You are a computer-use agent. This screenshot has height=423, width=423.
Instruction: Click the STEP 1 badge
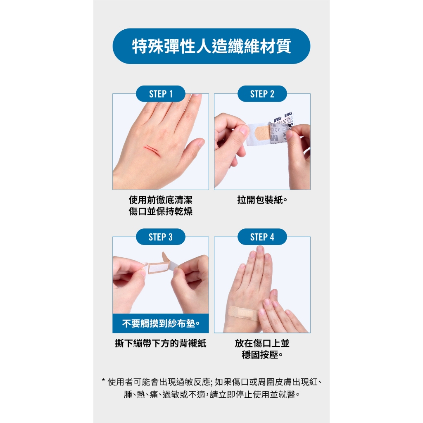pos(161,94)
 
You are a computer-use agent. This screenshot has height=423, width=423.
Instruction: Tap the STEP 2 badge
pos(262,94)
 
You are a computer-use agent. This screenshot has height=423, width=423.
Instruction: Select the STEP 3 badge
pos(161,237)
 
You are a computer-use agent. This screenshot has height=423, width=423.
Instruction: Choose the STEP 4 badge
pos(262,237)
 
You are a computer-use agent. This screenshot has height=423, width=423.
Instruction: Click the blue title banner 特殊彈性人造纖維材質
pos(211,46)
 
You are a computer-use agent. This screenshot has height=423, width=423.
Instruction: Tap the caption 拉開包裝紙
pos(262,200)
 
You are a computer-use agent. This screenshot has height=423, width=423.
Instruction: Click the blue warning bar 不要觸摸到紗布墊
pos(161,323)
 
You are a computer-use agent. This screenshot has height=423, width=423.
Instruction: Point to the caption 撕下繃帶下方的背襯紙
pos(161,343)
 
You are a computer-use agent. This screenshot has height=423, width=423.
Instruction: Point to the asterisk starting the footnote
pos(103,380)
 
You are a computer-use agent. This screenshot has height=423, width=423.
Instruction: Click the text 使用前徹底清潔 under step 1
pos(161,200)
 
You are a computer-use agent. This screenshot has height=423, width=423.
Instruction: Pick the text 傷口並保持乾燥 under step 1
pos(161,211)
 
